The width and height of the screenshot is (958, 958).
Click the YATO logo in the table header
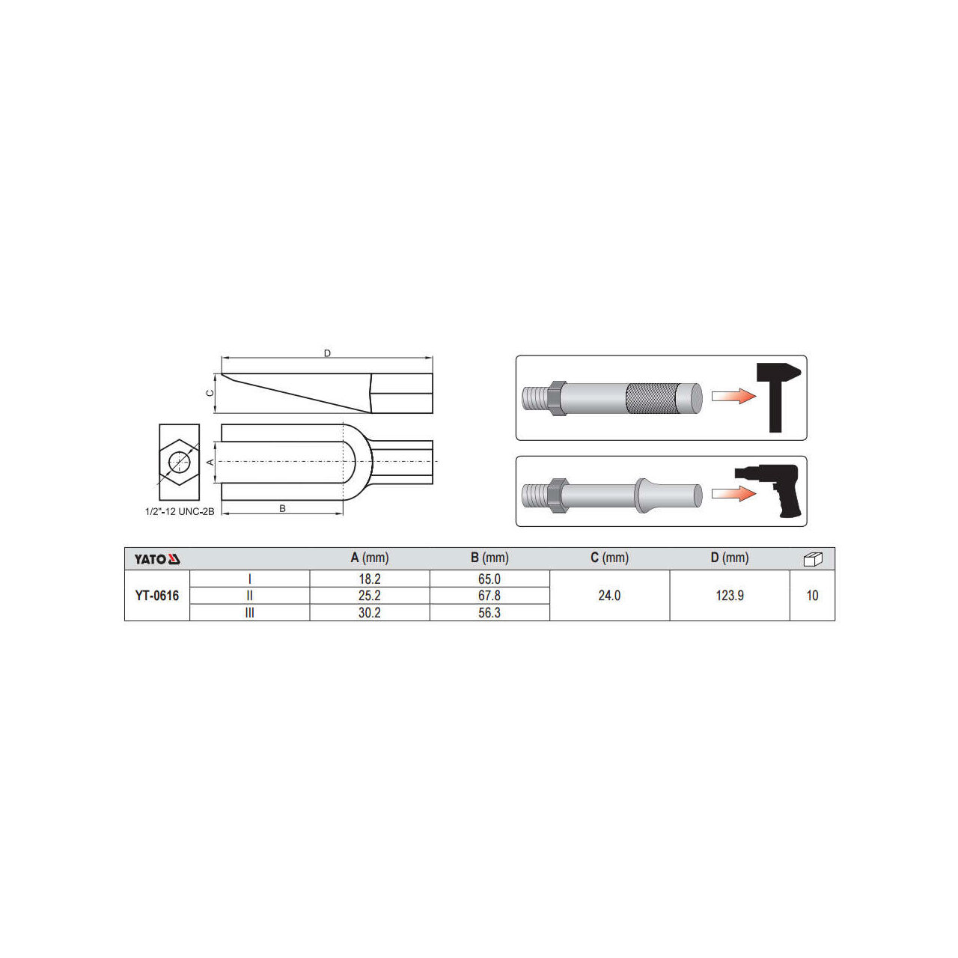[x=157, y=559]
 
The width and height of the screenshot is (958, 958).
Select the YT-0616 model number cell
[x=157, y=596]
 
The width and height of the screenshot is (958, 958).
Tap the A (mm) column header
[x=370, y=558]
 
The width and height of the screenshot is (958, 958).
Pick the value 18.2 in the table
[x=370, y=579]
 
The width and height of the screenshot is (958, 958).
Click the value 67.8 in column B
[x=489, y=596]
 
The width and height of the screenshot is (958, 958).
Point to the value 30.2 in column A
[x=370, y=613]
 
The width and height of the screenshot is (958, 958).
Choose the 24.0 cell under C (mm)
[x=609, y=596]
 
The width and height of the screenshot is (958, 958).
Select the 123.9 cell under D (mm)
[x=730, y=596]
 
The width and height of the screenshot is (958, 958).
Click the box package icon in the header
[x=813, y=559]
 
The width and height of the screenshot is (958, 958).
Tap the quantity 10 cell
[x=812, y=596]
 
